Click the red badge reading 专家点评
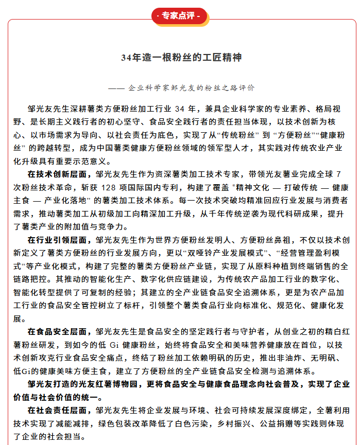pyautogui.click(x=180, y=15)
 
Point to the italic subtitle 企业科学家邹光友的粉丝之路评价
pyautogui.click(x=191, y=88)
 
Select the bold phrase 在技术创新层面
pyautogui.click(x=59, y=174)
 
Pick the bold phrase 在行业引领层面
pyautogui.click(x=59, y=240)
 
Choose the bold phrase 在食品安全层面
pyautogui.click(x=59, y=332)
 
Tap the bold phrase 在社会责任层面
pyautogui.click(x=59, y=411)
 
